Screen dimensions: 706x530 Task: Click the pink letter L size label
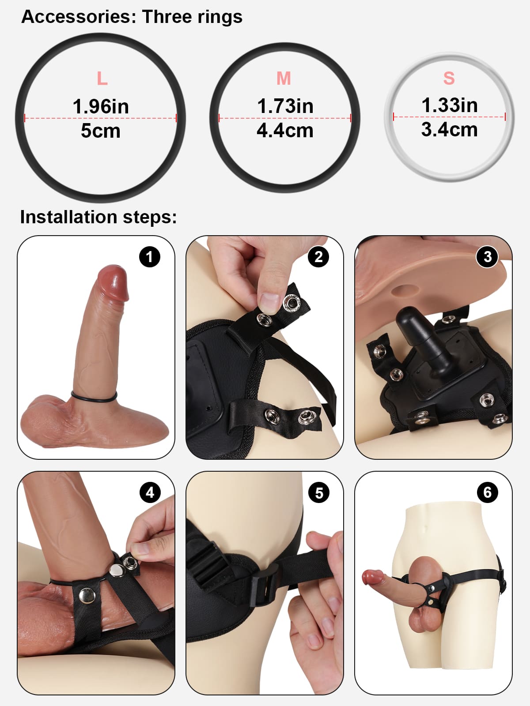(102, 79)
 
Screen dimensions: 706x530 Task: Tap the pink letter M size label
(284, 79)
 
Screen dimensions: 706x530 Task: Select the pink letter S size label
(449, 78)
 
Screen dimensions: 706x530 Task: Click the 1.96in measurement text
(101, 106)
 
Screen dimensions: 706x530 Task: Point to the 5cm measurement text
(101, 131)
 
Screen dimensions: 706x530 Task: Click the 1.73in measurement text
(285, 106)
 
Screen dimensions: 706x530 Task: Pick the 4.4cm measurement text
(285, 131)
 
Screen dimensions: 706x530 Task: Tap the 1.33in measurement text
(449, 105)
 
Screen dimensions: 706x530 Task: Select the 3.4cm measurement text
(449, 130)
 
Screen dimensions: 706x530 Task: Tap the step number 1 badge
(149, 257)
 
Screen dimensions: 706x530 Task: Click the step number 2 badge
(318, 257)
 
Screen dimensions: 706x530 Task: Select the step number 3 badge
(487, 257)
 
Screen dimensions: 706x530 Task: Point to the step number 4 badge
(150, 492)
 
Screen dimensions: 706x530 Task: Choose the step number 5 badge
(318, 492)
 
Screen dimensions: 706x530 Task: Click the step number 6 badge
(487, 492)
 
